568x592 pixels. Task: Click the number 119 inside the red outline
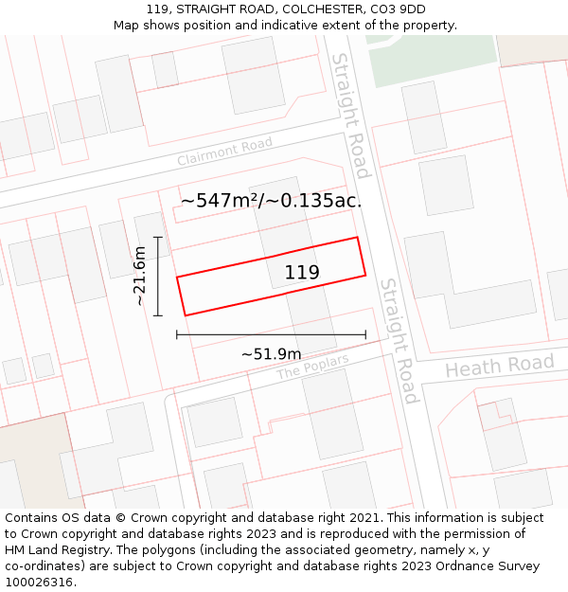point(302,273)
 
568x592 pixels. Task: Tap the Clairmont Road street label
point(224,152)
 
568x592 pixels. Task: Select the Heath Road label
point(500,366)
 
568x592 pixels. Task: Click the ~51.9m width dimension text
point(271,354)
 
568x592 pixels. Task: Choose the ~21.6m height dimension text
point(139,276)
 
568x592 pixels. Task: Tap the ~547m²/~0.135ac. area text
point(271,201)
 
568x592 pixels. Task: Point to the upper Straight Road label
point(348,116)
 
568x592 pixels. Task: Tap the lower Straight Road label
point(398,341)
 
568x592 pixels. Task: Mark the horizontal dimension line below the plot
point(271,334)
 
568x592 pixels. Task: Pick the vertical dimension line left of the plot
point(158,276)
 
